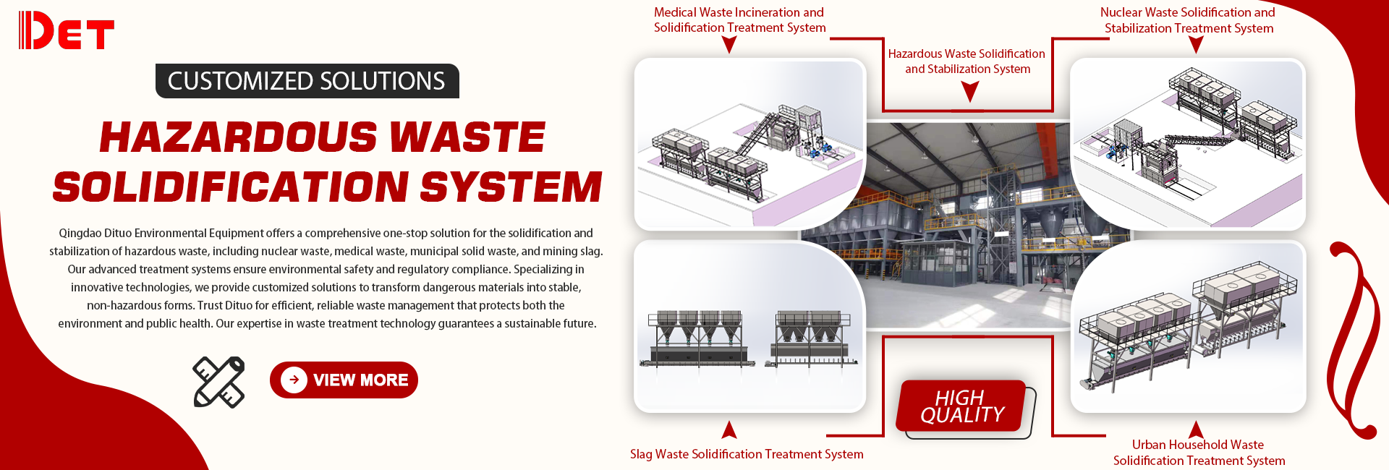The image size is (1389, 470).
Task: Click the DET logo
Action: pos(66,30)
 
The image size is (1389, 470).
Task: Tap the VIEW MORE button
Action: pos(344,380)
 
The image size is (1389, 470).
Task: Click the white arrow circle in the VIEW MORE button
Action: pos(294,380)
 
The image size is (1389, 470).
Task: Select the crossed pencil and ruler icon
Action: pos(218,382)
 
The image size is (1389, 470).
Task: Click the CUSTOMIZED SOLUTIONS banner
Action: pos(307,81)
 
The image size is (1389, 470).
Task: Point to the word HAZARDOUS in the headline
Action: pos(238,137)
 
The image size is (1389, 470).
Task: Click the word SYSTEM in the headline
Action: pos(511,187)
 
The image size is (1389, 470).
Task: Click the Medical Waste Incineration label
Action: pos(739,20)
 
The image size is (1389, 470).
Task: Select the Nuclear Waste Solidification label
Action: pos(1188,20)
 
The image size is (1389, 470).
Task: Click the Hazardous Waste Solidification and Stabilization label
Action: pos(967,61)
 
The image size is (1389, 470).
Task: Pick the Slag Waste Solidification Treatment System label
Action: pos(747,454)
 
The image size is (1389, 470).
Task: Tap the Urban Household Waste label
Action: pos(1199,453)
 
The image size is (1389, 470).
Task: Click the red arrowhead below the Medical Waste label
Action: pos(729,44)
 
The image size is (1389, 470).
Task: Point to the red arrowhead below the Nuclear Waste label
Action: pos(1196,44)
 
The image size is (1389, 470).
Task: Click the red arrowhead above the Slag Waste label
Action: pos(729,430)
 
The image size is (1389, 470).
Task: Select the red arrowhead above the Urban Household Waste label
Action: pos(1196,430)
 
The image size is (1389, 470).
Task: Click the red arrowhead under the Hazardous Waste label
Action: pos(969,90)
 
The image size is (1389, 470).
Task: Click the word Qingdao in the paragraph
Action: pos(80,233)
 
